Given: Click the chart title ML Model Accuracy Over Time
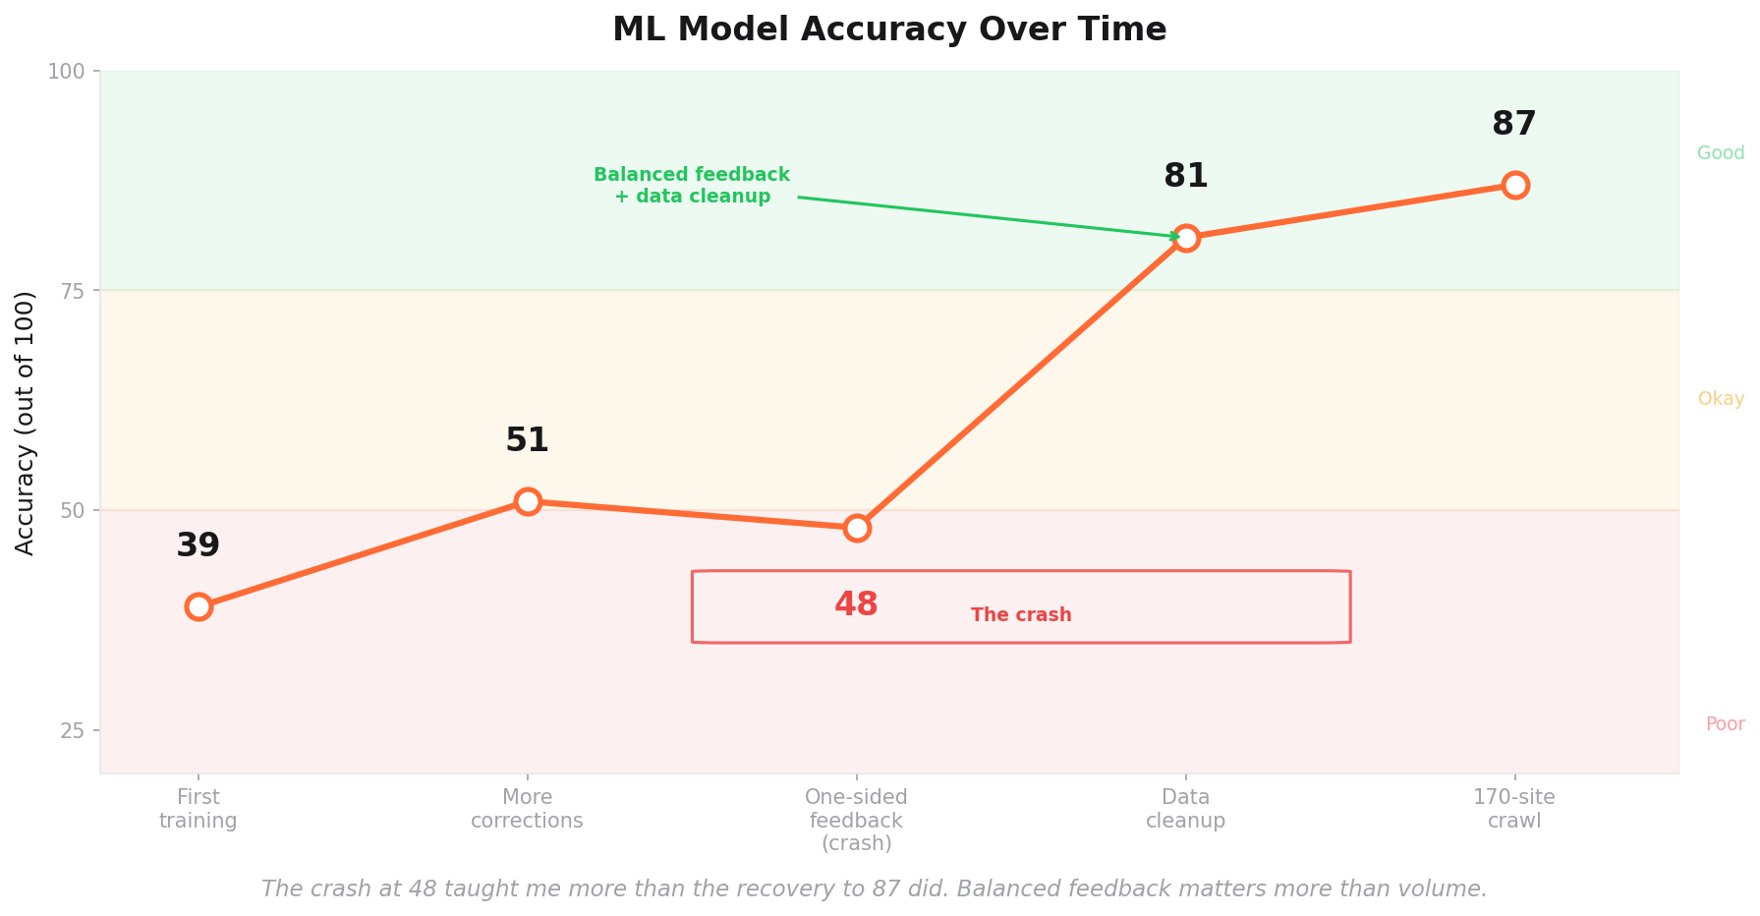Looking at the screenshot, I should (x=889, y=29).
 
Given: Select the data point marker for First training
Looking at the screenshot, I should (x=199, y=606).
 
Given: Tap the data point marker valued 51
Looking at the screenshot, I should (x=528, y=501).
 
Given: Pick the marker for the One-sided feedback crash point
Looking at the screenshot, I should (x=857, y=528).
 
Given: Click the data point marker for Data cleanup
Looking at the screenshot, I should (x=1186, y=238).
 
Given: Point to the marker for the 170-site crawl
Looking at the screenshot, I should (x=1515, y=185).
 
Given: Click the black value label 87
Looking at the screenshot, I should (x=1513, y=125).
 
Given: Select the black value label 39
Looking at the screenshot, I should (x=199, y=545).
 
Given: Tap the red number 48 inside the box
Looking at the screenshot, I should (x=856, y=604).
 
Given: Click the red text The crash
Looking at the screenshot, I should (x=1021, y=615).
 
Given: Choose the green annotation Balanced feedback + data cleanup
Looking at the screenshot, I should (x=692, y=186).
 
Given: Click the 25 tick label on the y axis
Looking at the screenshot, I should (x=73, y=730).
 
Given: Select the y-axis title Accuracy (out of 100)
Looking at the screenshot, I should (x=26, y=423).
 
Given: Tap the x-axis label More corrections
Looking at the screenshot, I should (x=528, y=809).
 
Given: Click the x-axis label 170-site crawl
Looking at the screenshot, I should (x=1514, y=809).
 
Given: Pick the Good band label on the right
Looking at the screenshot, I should (x=1721, y=153).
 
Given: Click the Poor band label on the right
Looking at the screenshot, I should (x=1725, y=724).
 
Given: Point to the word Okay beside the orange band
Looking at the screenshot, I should (x=1721, y=399).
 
